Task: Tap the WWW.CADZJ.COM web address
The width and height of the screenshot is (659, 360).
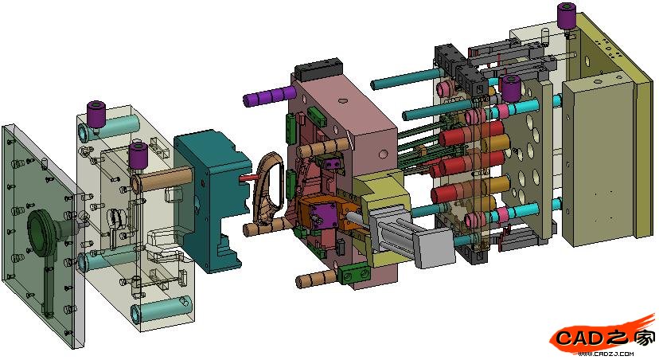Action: click(606, 354)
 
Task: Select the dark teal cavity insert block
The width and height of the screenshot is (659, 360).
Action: click(213, 200)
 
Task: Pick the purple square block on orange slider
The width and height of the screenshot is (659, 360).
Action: click(322, 216)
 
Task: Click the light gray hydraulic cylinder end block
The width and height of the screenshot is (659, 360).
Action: click(433, 249)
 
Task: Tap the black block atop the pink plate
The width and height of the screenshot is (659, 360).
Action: click(319, 69)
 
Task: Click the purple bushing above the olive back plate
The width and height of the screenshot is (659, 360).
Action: click(566, 16)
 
